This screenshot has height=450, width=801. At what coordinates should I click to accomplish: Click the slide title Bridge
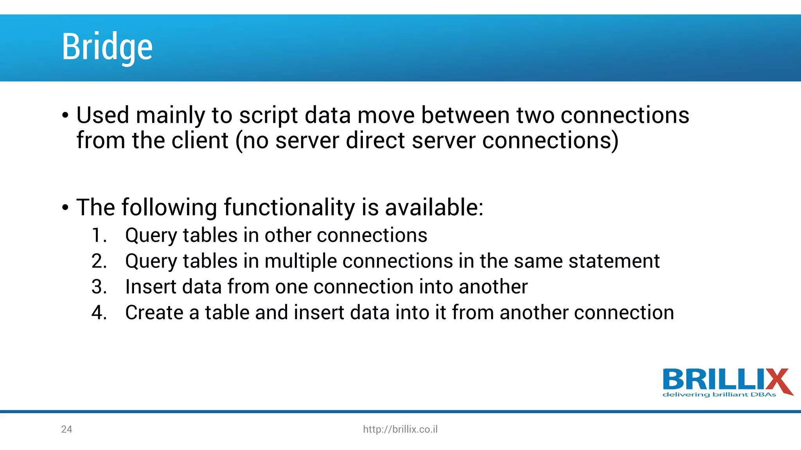107,47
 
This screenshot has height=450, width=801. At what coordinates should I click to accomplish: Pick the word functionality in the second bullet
289,207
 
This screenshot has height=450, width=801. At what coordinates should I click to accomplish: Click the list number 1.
99,236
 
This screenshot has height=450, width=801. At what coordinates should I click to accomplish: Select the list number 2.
99,261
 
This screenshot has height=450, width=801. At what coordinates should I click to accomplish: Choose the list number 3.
99,287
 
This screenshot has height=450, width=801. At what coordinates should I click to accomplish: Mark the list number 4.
99,313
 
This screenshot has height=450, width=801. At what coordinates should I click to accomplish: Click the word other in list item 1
287,236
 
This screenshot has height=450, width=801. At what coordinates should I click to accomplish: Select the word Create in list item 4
154,313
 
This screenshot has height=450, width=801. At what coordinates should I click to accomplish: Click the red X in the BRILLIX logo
776,380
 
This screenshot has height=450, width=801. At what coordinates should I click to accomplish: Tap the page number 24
66,429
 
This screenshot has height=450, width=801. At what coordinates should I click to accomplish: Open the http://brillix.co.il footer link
400,429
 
